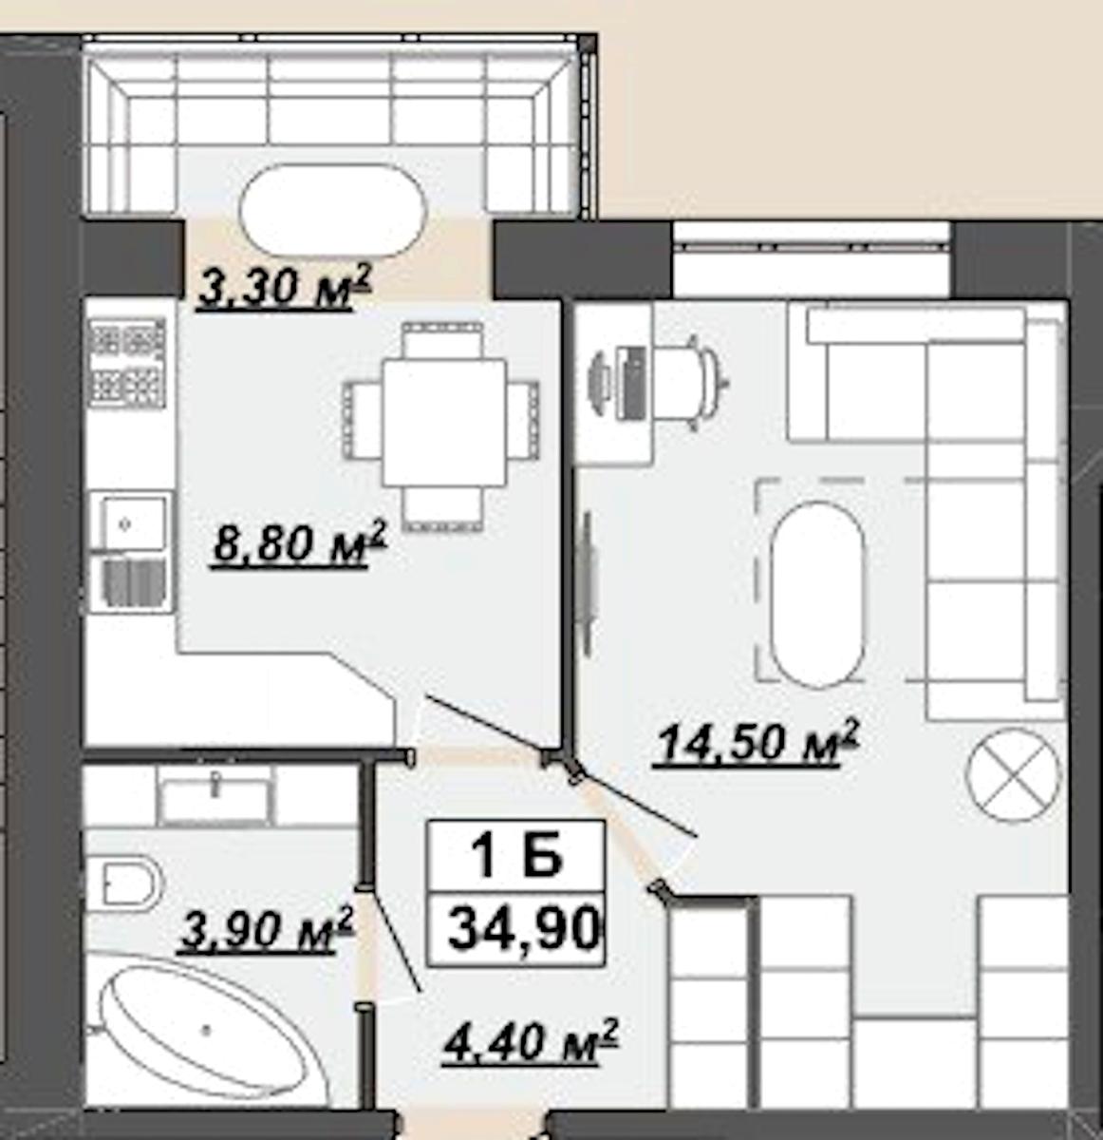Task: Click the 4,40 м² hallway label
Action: point(531,1041)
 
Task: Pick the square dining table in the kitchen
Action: point(444,423)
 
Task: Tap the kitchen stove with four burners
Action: point(127,363)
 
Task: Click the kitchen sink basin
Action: point(134,523)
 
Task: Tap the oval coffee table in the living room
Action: point(817,594)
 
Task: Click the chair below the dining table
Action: point(442,509)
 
